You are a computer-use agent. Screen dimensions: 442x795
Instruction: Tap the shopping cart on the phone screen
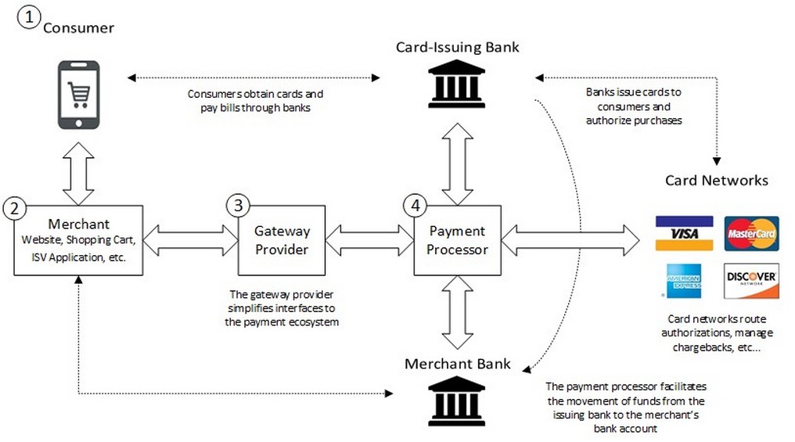tap(78, 95)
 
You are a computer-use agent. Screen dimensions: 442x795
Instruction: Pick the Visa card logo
tap(684, 233)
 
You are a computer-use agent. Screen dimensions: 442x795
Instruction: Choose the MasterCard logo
tap(751, 233)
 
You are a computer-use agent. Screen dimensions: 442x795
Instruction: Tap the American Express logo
tap(683, 281)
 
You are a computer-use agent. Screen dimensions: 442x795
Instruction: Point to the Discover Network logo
tap(751, 281)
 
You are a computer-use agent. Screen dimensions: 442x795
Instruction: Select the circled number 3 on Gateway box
tap(237, 206)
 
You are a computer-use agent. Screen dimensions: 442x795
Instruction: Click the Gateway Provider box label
tap(282, 240)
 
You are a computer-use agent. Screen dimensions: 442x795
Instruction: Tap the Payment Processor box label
tap(458, 240)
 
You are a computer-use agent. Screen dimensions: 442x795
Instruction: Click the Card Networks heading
tap(716, 181)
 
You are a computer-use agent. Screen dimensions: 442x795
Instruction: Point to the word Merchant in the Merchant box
tap(78, 225)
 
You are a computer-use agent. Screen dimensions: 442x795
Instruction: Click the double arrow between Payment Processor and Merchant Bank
tap(457, 314)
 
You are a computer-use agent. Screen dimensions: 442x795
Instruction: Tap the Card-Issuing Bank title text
tap(457, 48)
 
